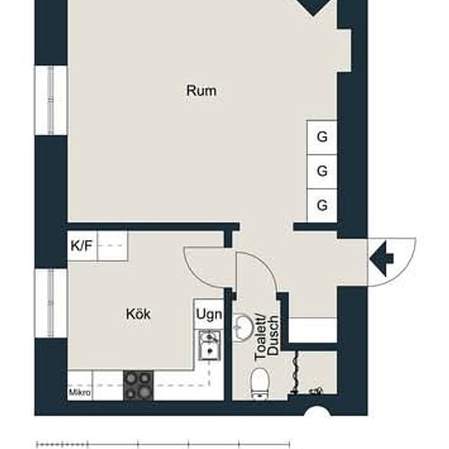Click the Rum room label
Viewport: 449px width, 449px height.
pos(202,91)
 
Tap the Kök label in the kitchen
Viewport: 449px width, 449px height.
pos(138,314)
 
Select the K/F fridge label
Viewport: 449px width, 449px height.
pos(82,246)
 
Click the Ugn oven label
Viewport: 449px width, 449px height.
pos(209,314)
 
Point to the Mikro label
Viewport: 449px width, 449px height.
pos(80,393)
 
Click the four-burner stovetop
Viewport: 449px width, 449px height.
pos(138,385)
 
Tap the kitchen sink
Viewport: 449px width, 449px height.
pos(210,345)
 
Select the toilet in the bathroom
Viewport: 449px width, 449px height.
pos(260,384)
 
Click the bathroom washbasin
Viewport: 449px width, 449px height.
pos(242,328)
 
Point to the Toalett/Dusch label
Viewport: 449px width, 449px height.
pos(267,337)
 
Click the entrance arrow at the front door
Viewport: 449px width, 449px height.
pos(382,259)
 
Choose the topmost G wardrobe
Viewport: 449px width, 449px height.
pos(322,137)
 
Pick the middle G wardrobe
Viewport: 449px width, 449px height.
pos(322,171)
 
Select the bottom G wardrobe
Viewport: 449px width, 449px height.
pos(322,205)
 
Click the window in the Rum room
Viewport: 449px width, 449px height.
pos(51,100)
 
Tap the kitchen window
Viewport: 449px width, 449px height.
pos(51,303)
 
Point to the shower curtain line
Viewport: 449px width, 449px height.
pos(296,371)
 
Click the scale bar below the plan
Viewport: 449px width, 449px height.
pos(163,444)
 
